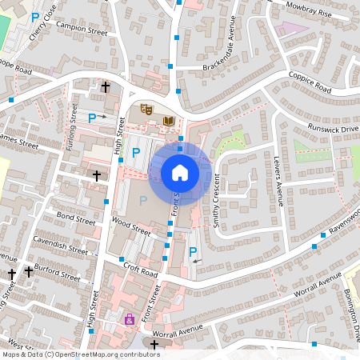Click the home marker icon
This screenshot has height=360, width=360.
(x=180, y=172)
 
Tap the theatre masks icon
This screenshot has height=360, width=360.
(x=146, y=108)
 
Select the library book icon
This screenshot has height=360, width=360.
(x=168, y=121)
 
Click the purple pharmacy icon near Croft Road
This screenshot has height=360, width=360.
(x=130, y=319)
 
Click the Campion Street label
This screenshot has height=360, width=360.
(x=82, y=30)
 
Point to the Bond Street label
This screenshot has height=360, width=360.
(x=76, y=217)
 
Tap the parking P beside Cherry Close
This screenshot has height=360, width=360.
(x=34, y=16)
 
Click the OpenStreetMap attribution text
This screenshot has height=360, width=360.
(x=81, y=354)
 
